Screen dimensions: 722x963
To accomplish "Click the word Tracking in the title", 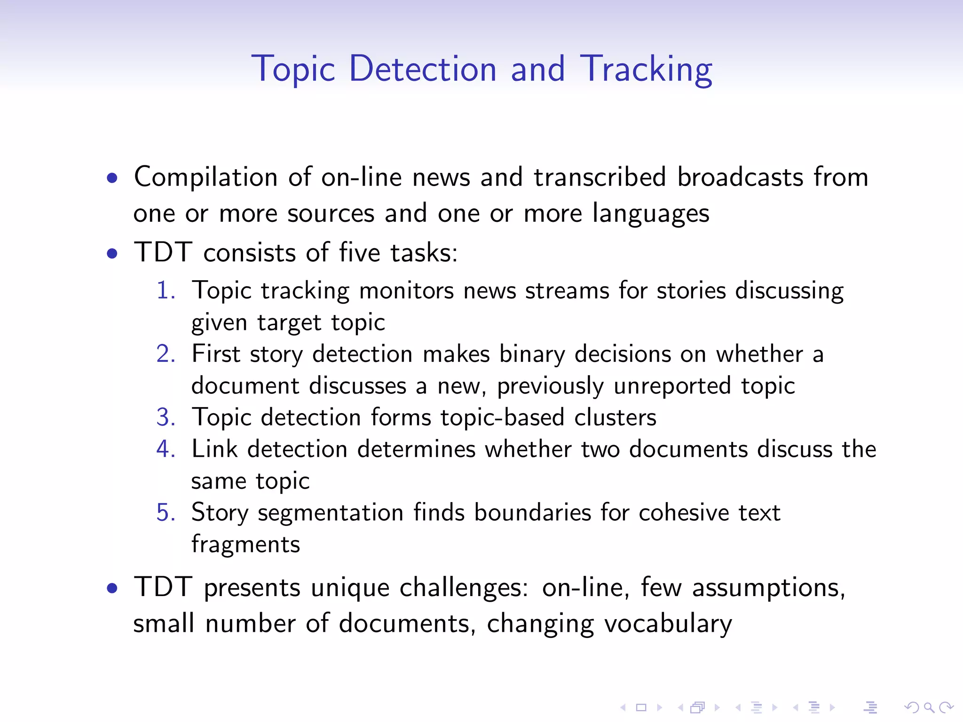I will (646, 70).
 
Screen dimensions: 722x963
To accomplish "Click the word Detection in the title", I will (423, 70).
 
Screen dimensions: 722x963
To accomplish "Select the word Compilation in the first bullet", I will (205, 178).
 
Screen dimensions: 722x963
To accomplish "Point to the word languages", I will (650, 214).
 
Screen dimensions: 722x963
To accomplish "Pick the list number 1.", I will (166, 290).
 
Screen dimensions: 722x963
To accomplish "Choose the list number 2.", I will (166, 354).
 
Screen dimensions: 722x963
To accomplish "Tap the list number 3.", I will (166, 417).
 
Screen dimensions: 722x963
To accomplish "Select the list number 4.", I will (166, 449).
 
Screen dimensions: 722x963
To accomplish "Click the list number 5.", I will (166, 512).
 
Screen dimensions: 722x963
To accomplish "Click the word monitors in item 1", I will (406, 290).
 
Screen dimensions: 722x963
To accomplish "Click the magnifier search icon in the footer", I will (929, 707).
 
